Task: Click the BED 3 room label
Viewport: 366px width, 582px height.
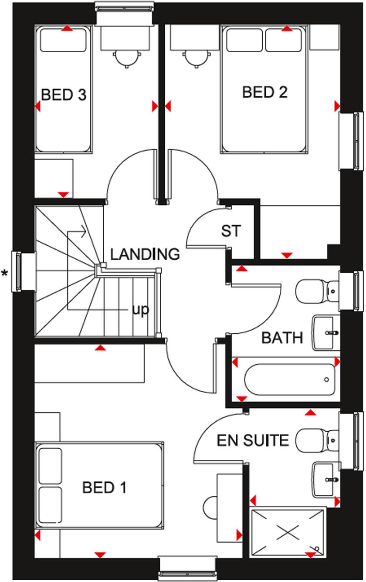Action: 64,95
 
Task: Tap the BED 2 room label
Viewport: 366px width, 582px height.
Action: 265,92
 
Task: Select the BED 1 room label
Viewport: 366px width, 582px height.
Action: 104,487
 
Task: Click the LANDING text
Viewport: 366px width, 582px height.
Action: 145,254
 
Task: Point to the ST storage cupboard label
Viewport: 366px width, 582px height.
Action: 230,231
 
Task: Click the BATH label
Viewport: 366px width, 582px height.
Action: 282,338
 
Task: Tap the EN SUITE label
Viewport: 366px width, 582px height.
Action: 253,440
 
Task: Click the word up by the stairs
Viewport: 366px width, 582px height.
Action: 140,310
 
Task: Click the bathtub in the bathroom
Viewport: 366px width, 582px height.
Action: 289,379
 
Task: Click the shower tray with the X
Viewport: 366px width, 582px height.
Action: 288,532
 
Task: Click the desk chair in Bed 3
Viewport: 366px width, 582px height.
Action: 127,58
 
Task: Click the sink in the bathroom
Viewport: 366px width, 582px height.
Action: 326,334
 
